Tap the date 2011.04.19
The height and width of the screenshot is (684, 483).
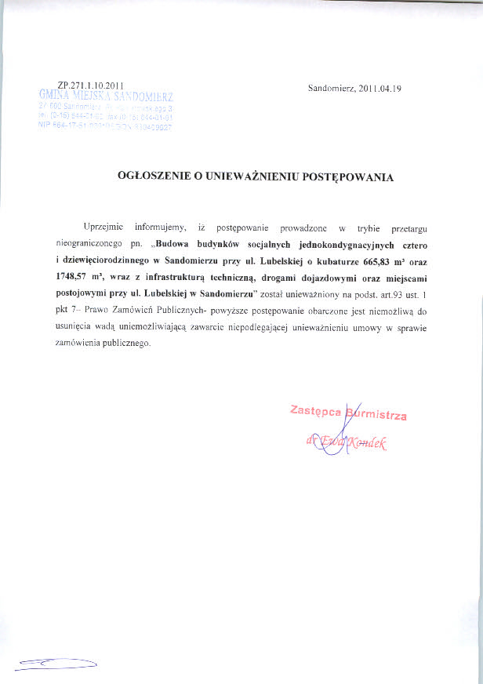379,89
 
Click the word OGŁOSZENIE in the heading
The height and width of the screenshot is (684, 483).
154,177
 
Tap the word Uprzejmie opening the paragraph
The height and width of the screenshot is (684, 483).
102,227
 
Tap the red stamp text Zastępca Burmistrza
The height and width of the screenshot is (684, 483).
348,412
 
